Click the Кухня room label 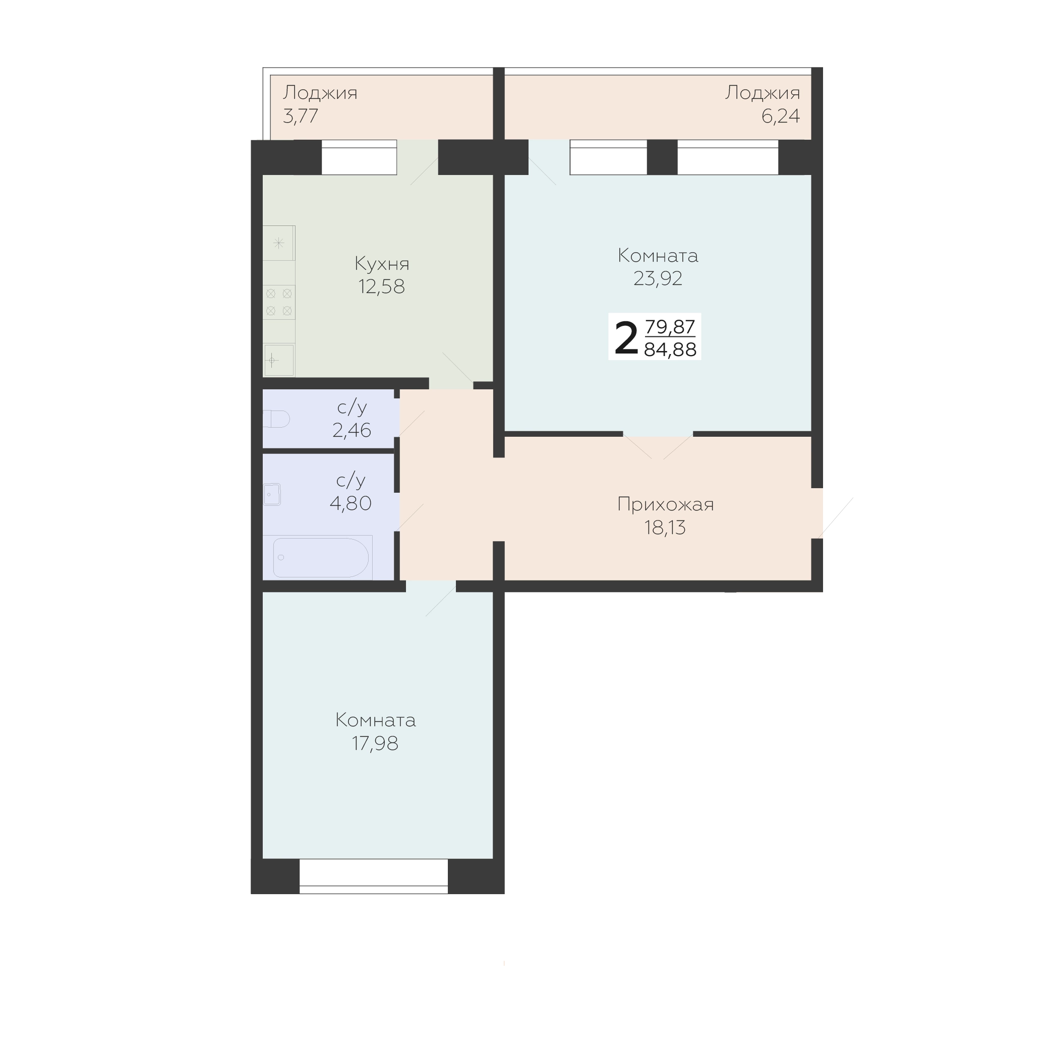[382, 264]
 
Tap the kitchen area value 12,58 [381, 286]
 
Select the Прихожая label [665, 505]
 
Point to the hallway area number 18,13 [665, 528]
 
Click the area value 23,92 [658, 278]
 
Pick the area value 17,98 [375, 743]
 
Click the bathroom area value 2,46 [352, 430]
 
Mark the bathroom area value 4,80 [351, 503]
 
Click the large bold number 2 [626, 338]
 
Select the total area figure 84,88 [670, 350]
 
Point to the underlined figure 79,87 [670, 326]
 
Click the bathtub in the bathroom [321, 558]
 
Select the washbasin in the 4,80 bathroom [272, 495]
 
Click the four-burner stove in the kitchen [279, 303]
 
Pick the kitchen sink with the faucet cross [279, 360]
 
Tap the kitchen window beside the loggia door [359, 157]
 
